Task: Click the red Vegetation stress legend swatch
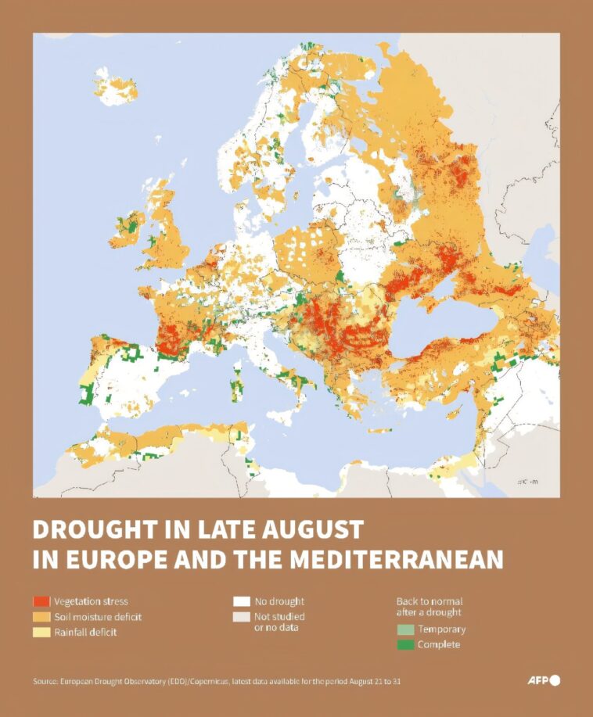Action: pos(41,601)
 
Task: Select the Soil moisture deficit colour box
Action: pos(41,617)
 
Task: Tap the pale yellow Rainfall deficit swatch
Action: pos(41,632)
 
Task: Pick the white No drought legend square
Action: pos(242,601)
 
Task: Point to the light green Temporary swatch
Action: pos(405,629)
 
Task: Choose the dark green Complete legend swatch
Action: pos(405,644)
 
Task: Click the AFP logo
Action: pos(544,680)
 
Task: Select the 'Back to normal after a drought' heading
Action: pos(429,607)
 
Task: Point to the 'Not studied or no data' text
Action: pos(280,622)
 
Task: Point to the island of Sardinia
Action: pos(237,385)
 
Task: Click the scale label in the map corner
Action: pos(527,482)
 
